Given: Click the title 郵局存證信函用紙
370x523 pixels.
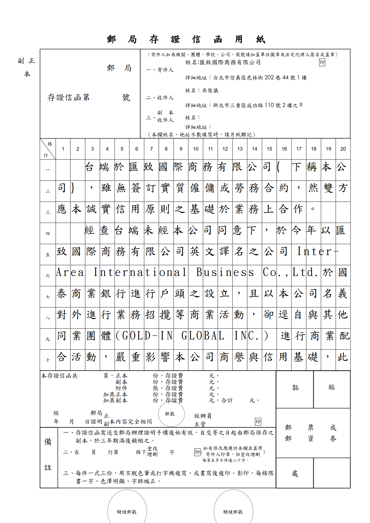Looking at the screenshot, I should (x=186, y=39).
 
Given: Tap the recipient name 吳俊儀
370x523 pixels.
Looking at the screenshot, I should (x=210, y=90).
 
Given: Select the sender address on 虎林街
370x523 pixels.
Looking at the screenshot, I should (x=260, y=78).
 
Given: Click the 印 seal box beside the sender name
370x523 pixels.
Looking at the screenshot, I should (x=322, y=62).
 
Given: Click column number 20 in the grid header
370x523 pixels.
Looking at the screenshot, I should (x=343, y=149).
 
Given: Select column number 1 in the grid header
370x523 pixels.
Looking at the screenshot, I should (x=63, y=149).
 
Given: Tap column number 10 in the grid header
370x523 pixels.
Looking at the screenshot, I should (x=195, y=149).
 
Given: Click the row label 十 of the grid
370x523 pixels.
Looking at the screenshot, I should (x=48, y=360).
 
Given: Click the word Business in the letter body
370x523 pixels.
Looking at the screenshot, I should (x=225, y=273).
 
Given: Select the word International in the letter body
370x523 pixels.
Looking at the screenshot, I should (x=140, y=273).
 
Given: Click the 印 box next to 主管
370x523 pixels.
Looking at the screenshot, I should (x=258, y=422).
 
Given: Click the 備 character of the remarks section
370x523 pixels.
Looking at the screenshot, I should (x=48, y=442).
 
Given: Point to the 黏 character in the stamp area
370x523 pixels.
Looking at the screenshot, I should (x=295, y=388).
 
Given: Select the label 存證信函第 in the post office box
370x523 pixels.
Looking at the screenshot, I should (x=69, y=98).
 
